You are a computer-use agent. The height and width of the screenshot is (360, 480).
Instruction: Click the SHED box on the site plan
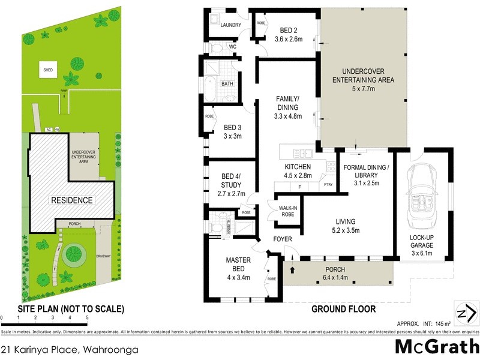click(x=48, y=70)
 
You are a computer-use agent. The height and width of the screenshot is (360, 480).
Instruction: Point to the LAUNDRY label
click(x=231, y=25)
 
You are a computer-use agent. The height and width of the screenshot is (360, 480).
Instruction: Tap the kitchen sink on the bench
click(x=298, y=152)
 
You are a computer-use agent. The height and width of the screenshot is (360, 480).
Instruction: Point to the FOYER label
click(x=282, y=239)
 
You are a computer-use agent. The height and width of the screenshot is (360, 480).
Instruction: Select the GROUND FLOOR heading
click(x=343, y=310)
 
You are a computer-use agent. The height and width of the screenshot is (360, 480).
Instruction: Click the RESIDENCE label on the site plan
click(x=71, y=200)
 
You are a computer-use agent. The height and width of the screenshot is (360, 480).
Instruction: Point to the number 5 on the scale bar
click(x=87, y=317)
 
